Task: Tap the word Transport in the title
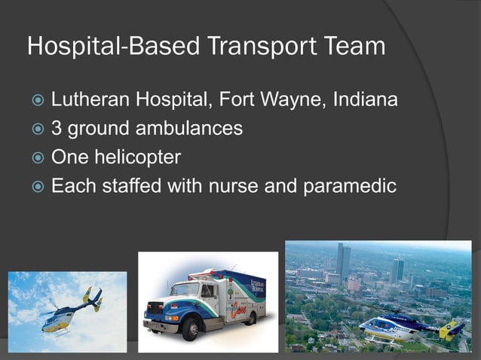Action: (242, 47)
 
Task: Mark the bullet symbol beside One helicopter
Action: (35, 158)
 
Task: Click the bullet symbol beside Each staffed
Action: (35, 187)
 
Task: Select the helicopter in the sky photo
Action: (72, 308)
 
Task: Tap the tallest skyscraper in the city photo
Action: (343, 261)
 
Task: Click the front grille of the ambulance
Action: (156, 308)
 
